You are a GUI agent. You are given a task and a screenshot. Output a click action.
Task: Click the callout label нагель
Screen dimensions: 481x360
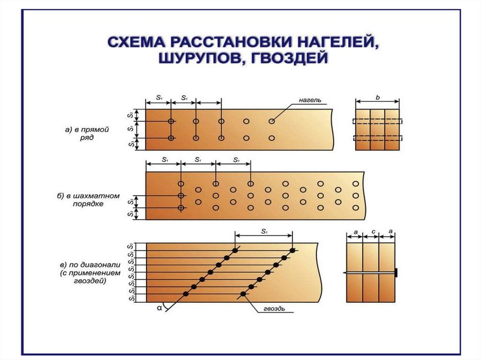click(x=310, y=100)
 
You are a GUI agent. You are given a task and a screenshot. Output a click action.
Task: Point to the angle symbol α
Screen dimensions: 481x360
click(x=160, y=308)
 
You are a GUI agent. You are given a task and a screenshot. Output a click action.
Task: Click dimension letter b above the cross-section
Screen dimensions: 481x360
click(x=378, y=98)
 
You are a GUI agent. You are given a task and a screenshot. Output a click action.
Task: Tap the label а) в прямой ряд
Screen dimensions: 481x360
click(x=87, y=133)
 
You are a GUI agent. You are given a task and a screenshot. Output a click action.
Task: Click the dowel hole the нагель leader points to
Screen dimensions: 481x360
click(x=272, y=121)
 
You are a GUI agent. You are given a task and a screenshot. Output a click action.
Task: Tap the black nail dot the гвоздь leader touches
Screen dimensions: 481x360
click(x=243, y=294)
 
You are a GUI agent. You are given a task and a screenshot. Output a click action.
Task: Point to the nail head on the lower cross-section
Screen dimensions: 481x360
click(x=396, y=272)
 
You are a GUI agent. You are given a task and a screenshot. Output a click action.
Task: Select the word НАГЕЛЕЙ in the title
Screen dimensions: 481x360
click(x=336, y=41)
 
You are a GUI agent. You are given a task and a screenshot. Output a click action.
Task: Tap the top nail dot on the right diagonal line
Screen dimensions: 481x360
click(x=293, y=250)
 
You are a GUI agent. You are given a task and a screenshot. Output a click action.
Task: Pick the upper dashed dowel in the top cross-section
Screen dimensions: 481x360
click(x=378, y=121)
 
